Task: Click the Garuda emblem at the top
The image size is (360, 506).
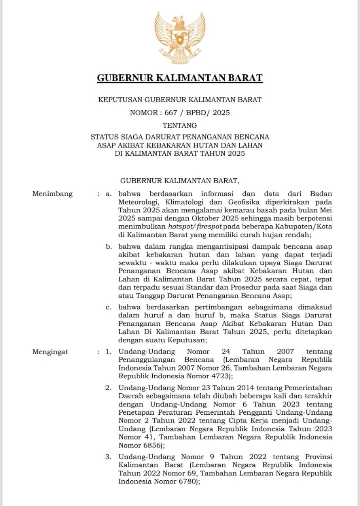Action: pos(180,38)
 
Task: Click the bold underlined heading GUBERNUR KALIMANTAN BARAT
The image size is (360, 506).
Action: pos(180,78)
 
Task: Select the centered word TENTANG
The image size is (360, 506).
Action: pos(180,126)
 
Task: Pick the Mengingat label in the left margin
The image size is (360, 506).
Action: pos(50,352)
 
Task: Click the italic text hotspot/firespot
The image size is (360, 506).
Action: pos(195,227)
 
